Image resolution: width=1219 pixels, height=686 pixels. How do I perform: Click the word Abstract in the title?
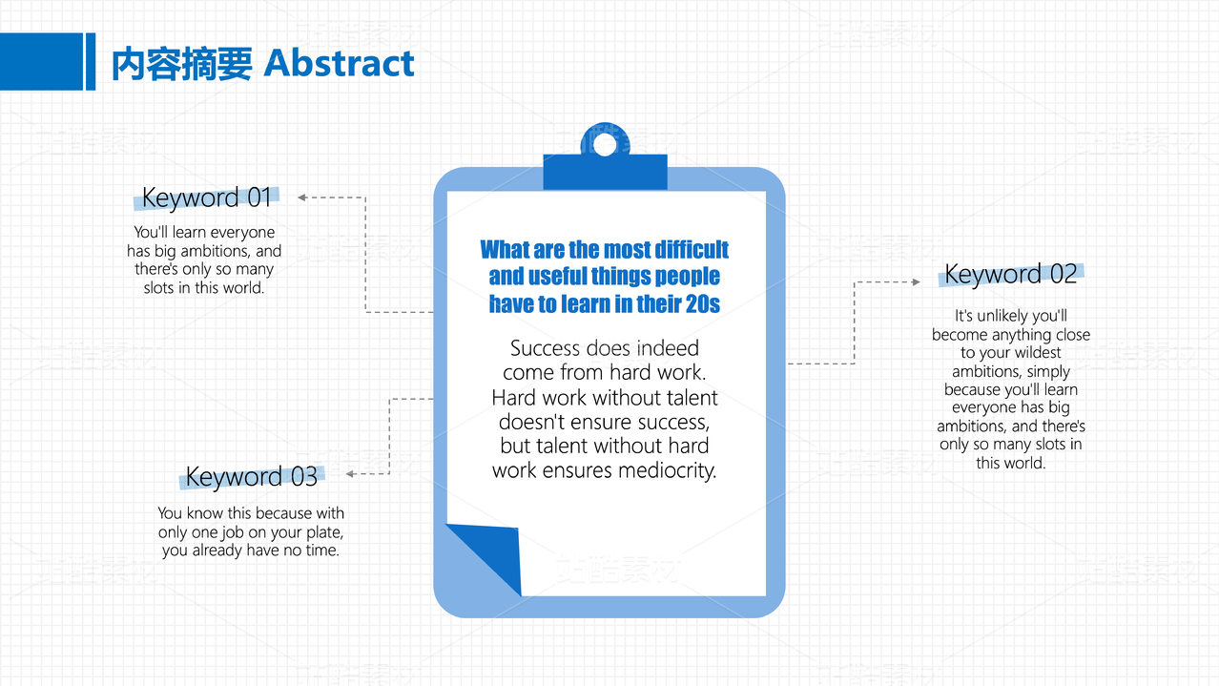click(339, 63)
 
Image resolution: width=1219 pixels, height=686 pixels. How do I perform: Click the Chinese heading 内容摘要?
click(182, 64)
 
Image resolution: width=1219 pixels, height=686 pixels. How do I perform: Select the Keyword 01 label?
click(206, 197)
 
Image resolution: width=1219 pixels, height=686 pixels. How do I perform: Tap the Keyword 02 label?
click(1010, 274)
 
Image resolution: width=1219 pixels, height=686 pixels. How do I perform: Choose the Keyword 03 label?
click(251, 476)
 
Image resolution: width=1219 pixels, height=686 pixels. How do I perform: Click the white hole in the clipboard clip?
click(605, 144)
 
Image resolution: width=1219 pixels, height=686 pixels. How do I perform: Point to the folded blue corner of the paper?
click(487, 555)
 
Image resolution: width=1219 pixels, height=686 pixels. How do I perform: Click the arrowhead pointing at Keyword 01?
click(301, 197)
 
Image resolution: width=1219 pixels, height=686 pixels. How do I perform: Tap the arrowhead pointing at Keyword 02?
click(916, 282)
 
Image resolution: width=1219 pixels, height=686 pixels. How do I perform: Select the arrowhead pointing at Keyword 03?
click(350, 474)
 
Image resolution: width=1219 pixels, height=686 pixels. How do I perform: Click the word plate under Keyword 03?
click(325, 532)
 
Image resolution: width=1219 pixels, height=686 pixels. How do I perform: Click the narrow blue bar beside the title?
click(91, 61)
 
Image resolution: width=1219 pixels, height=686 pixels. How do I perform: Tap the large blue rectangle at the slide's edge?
click(41, 61)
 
